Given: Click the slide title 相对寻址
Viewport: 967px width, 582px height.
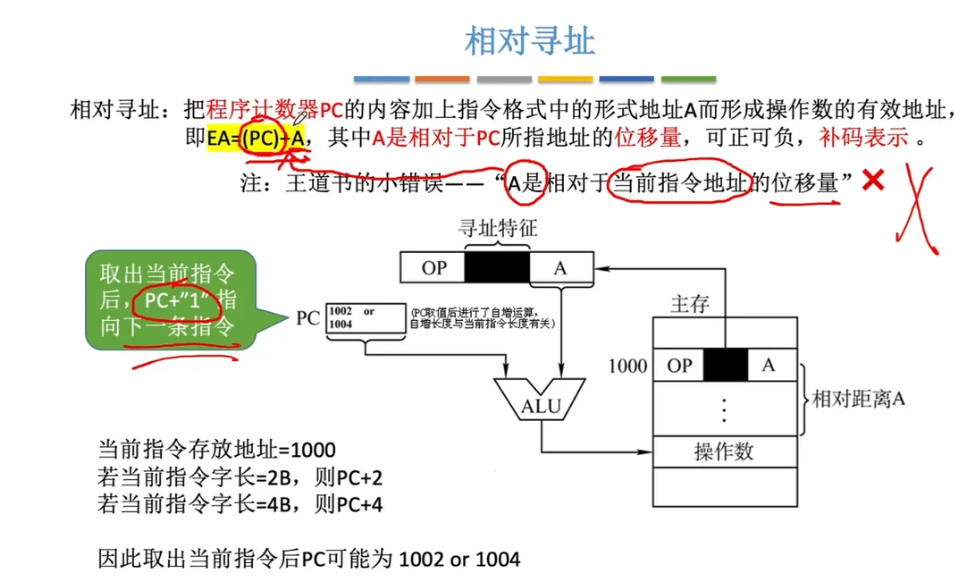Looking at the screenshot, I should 530,41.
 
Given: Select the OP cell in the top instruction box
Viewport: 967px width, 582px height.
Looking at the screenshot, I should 434,267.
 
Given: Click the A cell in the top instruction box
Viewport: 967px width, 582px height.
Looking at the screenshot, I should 559,267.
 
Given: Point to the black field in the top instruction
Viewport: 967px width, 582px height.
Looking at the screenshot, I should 497,267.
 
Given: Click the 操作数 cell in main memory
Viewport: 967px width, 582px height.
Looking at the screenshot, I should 724,451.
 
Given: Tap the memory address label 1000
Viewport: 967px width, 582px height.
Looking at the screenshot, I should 627,365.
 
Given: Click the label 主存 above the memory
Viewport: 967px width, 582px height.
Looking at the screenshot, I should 689,304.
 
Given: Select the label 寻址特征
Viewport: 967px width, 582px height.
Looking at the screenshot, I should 498,229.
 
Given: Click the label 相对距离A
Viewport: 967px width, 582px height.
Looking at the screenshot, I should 858,399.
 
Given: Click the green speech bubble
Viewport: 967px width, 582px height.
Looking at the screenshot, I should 170,300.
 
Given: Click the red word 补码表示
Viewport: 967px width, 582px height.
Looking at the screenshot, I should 863,138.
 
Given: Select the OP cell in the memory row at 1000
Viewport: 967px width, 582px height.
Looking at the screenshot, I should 679,365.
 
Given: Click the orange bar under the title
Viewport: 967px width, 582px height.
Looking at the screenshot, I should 441,79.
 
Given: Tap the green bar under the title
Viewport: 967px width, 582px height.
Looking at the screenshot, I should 688,79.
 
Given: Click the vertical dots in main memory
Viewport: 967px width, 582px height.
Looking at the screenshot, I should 724,409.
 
